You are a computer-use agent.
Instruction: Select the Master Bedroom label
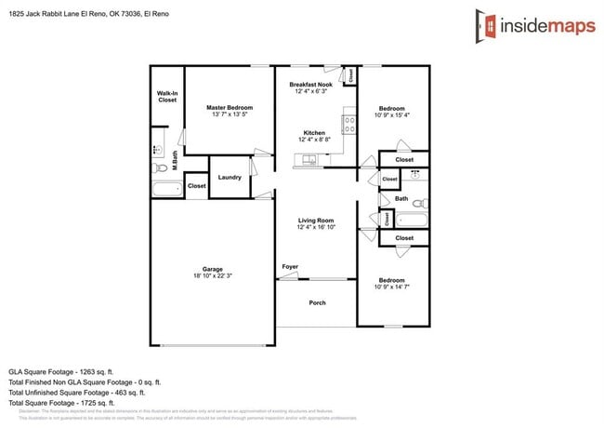230,112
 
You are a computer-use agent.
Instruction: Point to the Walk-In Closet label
167,97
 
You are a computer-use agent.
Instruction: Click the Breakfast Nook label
310,87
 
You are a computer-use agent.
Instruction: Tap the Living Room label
316,223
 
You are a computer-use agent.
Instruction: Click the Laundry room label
230,178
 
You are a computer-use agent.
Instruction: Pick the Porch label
316,302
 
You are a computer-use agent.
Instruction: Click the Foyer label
291,268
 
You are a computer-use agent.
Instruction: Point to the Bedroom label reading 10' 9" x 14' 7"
391,284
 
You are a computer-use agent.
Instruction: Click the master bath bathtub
168,190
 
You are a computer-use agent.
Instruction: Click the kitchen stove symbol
349,121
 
